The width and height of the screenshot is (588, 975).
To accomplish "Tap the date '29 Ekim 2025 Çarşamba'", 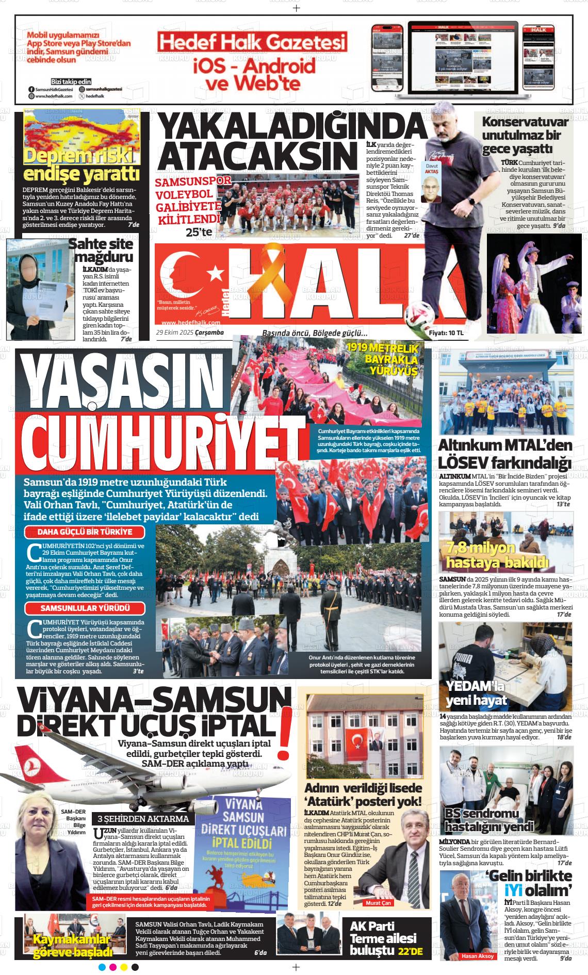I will [x=190, y=333].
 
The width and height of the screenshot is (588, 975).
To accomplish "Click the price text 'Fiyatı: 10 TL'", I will [x=446, y=334].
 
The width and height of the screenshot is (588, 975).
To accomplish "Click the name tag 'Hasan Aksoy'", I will [x=478, y=956].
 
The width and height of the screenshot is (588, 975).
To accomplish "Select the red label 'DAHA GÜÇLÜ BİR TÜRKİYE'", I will [x=85, y=532].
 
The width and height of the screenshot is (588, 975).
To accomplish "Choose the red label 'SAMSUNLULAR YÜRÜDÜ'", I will [x=85, y=608].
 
